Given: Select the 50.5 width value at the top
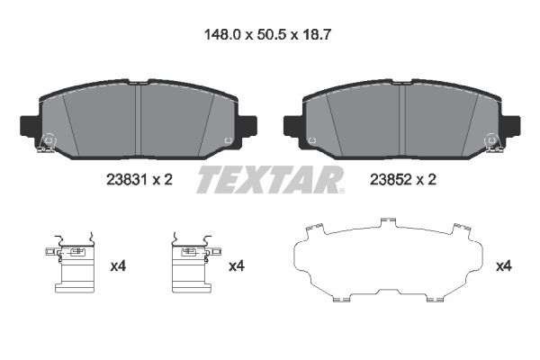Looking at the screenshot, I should pos(269,37).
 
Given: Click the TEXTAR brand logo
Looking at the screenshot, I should pos(270,179).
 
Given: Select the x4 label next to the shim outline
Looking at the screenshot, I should pos(504,265).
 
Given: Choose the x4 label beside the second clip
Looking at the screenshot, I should pos(236,265).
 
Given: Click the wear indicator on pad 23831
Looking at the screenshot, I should pos(48,142).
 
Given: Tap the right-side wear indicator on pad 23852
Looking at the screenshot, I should pos(491,142).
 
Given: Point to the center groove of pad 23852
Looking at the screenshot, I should pos(401,117).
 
